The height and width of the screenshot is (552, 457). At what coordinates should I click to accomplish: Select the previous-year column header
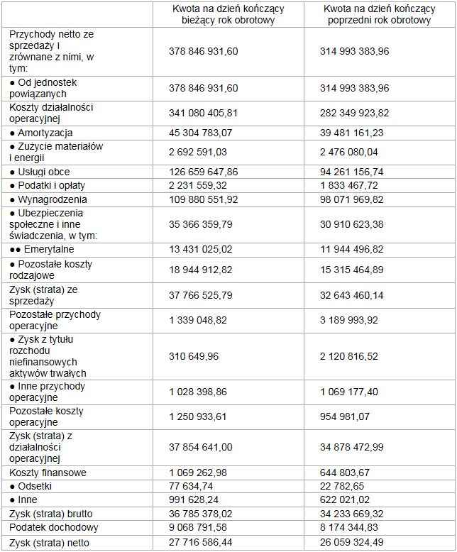pos(380,14)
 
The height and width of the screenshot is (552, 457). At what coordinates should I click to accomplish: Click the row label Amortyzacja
pos(45,133)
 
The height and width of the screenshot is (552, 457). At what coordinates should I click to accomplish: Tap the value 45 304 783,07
pos(203,133)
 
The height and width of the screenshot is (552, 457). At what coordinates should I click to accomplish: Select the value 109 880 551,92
pos(205,199)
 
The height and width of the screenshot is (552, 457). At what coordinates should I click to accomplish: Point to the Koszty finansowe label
pos(48,472)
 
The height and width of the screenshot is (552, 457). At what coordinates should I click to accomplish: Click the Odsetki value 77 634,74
pos(193,486)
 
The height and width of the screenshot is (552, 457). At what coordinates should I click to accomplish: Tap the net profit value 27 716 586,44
pos(203,542)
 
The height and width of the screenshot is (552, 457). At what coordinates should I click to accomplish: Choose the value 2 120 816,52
pos(353,356)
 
